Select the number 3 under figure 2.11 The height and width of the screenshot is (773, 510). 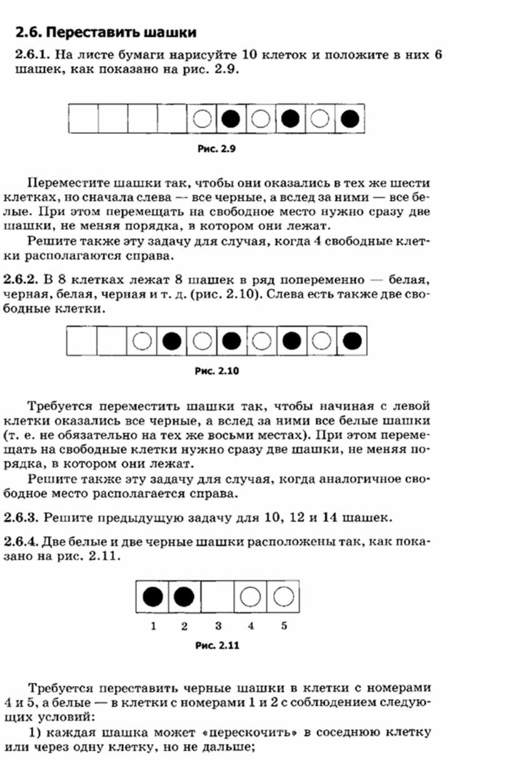tap(217, 626)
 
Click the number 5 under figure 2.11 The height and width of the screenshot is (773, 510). tap(284, 626)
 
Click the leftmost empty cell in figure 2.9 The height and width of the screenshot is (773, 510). tap(82, 118)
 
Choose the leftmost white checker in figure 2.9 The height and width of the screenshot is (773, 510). tap(202, 118)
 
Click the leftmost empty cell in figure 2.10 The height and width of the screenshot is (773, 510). tap(82, 341)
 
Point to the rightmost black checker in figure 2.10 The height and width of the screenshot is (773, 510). tap(352, 341)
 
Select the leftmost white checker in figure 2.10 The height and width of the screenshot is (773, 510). tap(142, 341)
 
